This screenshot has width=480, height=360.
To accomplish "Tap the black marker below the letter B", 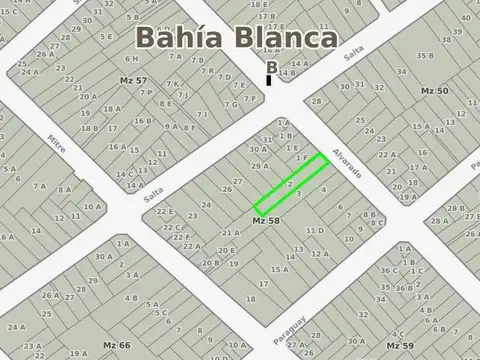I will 269,80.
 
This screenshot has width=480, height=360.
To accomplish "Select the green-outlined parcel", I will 291,183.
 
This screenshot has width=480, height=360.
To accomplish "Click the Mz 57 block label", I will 133,79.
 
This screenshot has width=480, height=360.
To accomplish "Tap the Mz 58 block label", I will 265,219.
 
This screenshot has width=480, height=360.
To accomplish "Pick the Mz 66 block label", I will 118,345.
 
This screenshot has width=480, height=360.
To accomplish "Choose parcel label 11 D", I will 314,230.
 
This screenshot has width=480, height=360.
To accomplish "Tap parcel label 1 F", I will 300,158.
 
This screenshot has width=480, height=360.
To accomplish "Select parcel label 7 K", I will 172,84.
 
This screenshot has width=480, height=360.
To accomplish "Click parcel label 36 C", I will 388,270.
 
